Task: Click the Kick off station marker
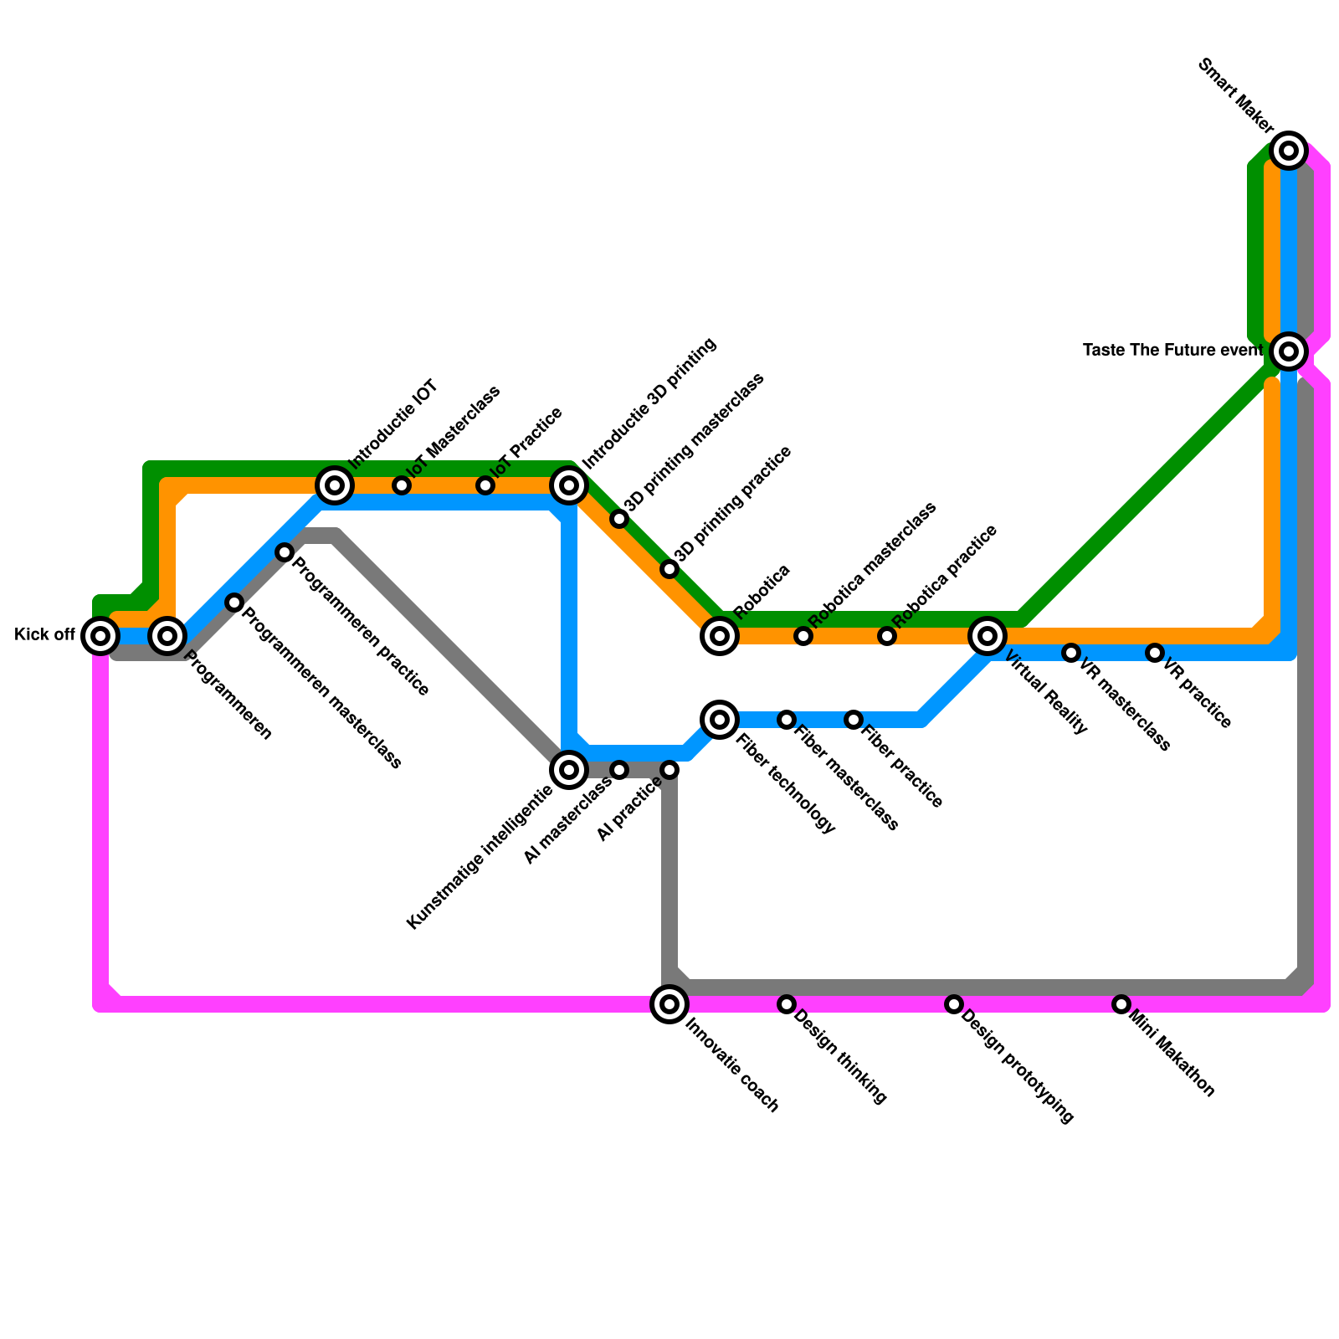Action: (100, 636)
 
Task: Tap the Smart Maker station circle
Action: (1289, 151)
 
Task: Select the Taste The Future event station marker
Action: (1289, 351)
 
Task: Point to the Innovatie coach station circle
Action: (669, 1003)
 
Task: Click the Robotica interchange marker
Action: (720, 636)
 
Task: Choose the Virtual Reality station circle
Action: (988, 636)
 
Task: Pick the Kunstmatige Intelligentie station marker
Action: (569, 769)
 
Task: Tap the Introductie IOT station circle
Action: (335, 485)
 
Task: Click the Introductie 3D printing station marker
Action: (569, 485)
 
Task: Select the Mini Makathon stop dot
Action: (1121, 1003)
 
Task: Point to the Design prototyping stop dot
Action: (954, 1003)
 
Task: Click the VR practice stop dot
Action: (1155, 652)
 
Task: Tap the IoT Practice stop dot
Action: (485, 485)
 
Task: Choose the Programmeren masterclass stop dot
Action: (234, 603)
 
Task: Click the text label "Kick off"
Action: (44, 635)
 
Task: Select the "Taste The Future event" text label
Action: (1172, 351)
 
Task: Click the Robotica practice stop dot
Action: (887, 636)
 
